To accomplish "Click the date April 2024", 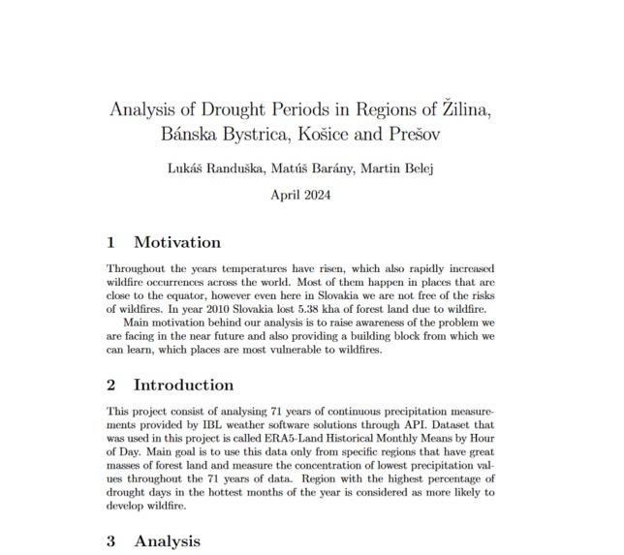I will [302, 195].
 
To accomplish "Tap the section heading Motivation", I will [177, 242].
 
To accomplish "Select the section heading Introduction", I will [183, 385].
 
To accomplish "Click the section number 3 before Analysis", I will [111, 540].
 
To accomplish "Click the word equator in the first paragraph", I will [178, 295].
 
